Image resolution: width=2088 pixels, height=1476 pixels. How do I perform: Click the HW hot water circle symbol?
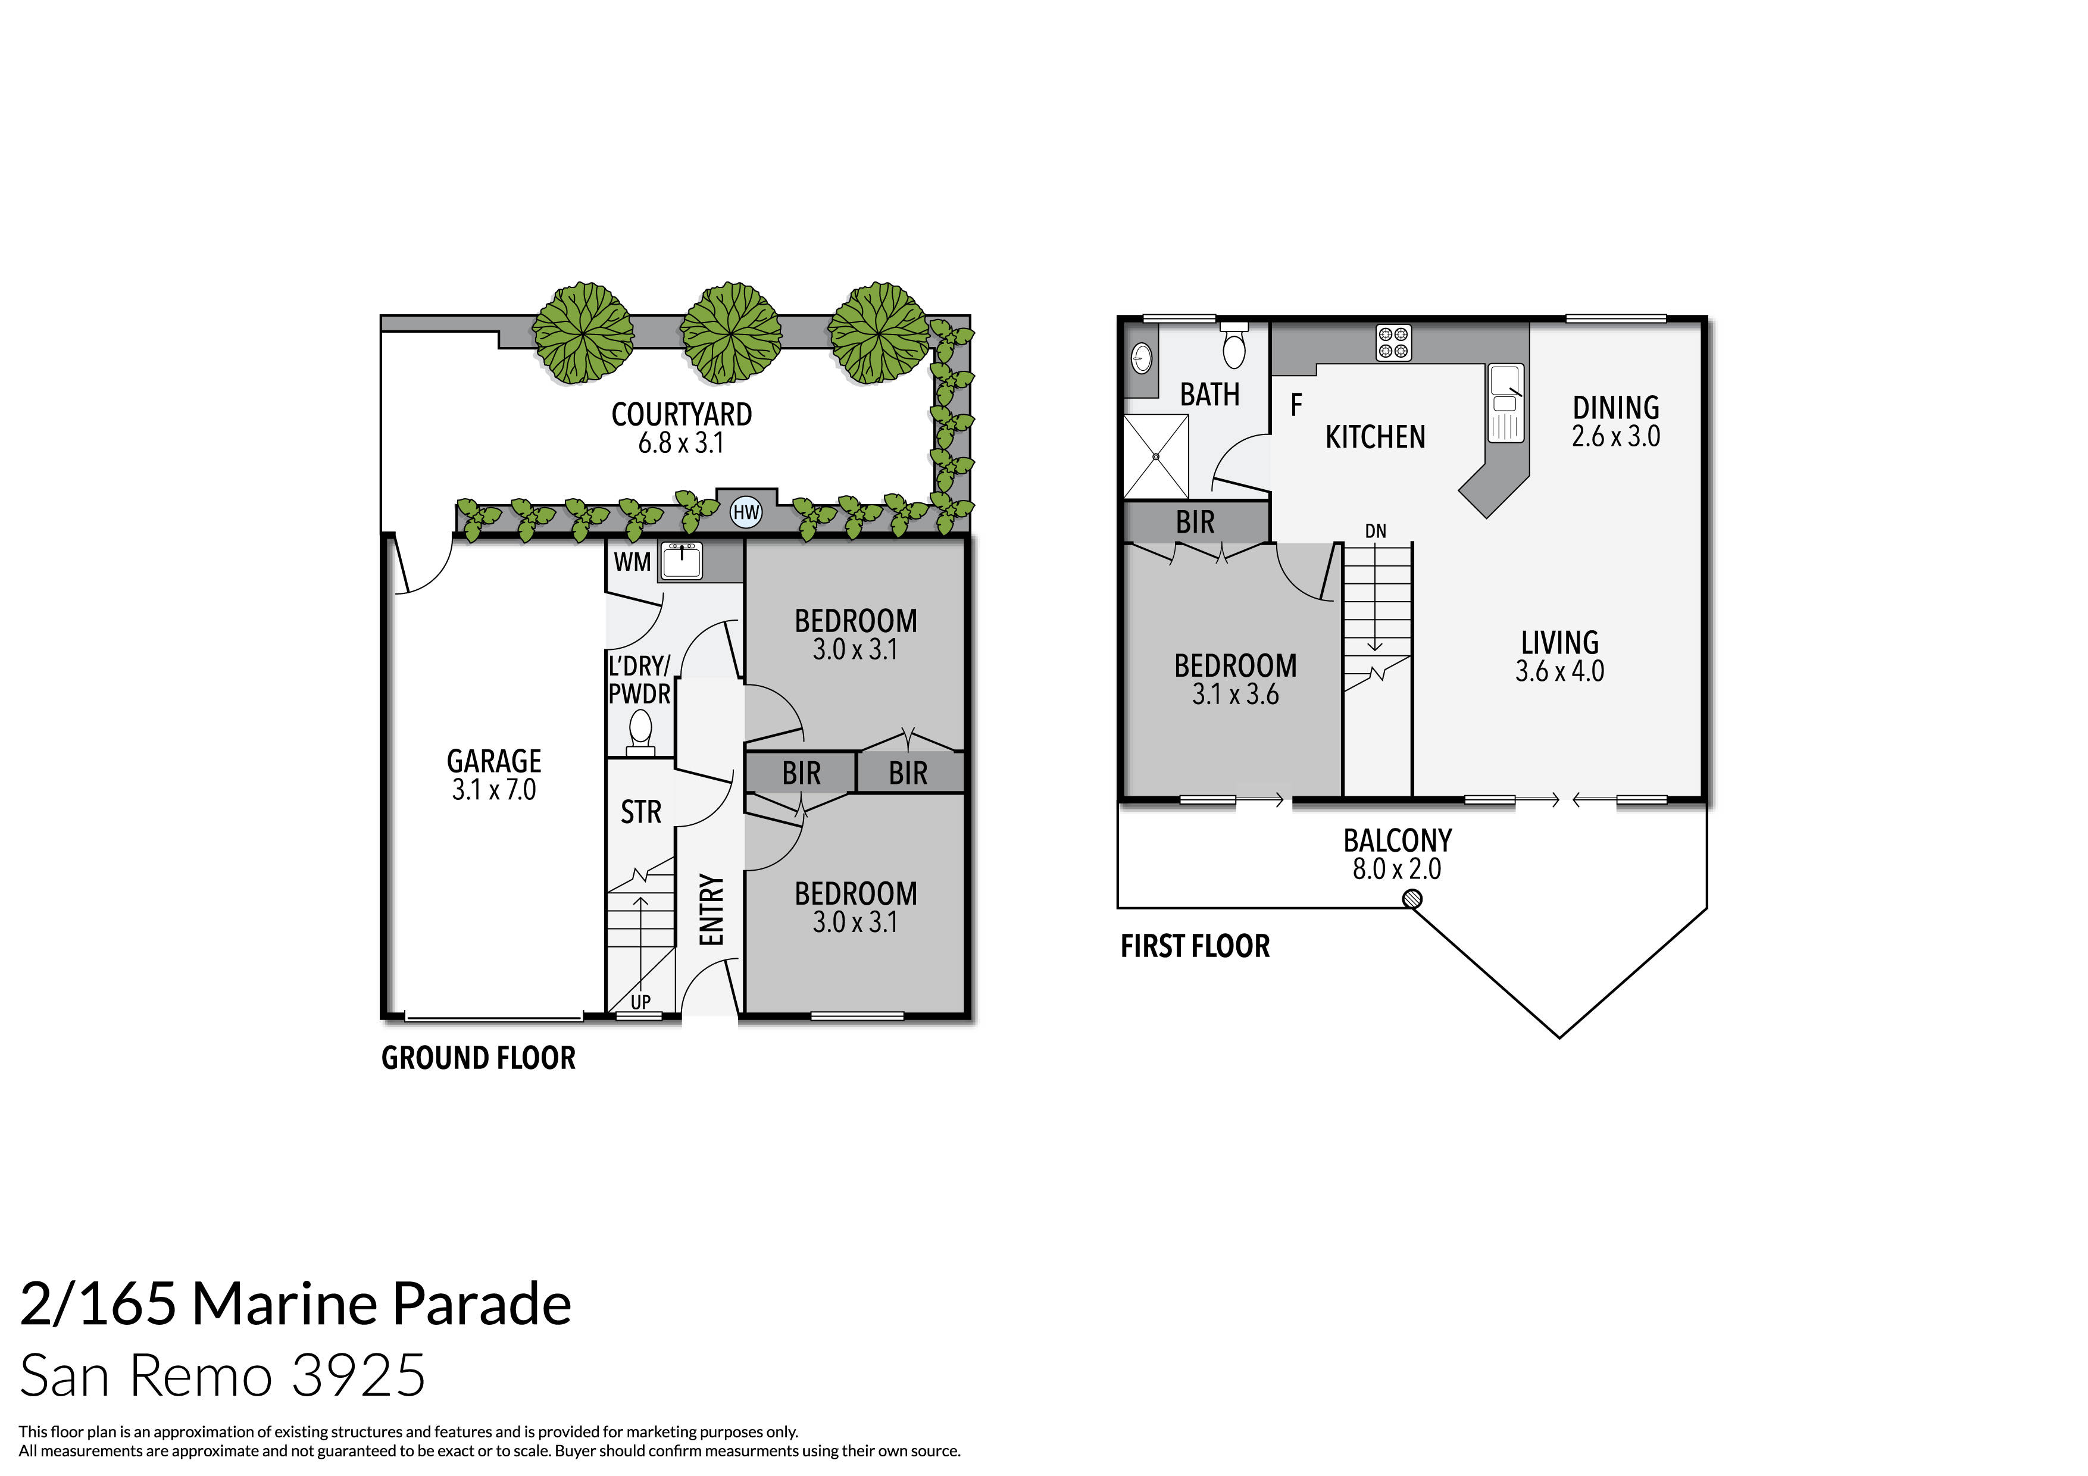746,512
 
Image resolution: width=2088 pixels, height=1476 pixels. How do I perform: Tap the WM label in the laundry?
632,562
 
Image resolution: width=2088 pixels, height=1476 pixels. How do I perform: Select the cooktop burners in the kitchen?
1393,343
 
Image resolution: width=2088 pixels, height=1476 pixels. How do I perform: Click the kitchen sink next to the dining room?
1505,403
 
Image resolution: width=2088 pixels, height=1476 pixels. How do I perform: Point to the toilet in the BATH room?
1234,346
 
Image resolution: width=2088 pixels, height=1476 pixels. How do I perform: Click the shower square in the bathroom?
1156,456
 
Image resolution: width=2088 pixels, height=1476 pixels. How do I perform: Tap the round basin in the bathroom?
1141,358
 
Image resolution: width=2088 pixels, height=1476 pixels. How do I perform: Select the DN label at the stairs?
1375,531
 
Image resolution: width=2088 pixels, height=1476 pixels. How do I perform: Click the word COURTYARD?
681,415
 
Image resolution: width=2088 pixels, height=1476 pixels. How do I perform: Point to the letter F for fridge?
1296,405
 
